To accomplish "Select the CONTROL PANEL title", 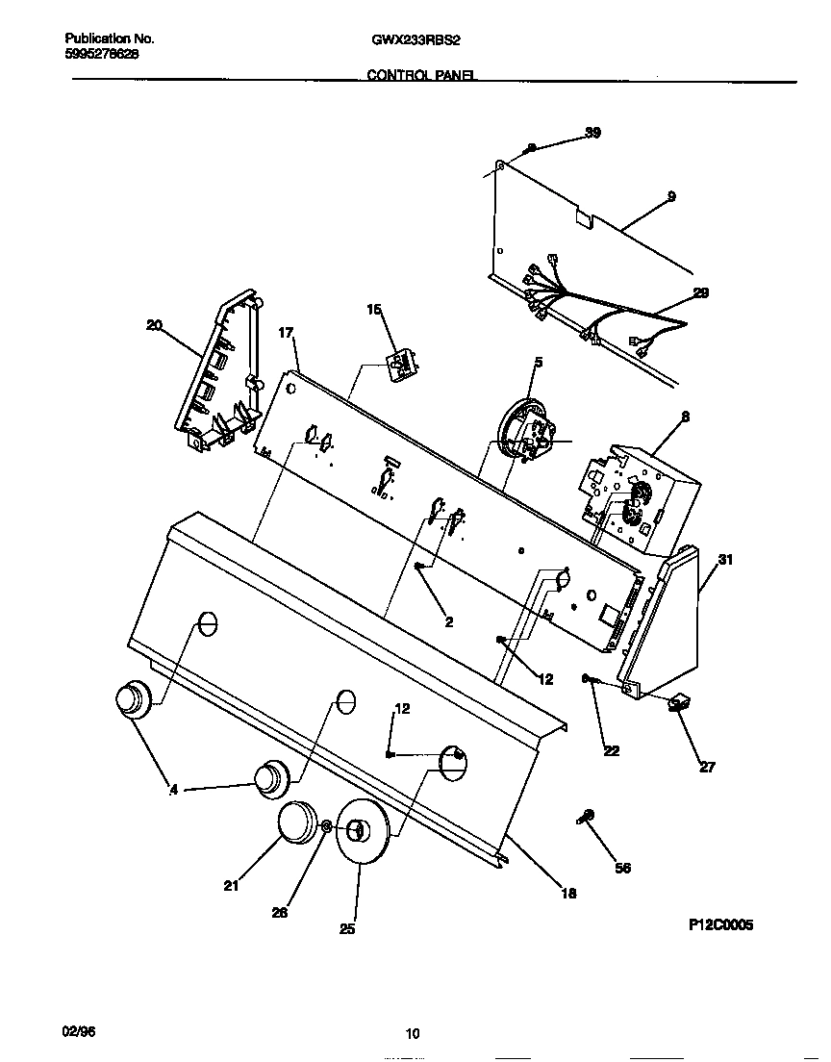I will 421,74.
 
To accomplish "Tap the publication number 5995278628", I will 101,54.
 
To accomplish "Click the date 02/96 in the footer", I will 79,1030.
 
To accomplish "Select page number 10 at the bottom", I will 413,1034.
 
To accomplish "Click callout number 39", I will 593,133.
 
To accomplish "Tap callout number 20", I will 154,325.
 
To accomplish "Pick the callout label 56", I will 622,868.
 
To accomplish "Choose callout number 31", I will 725,559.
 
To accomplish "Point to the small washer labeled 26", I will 327,826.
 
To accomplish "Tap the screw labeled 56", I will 586,817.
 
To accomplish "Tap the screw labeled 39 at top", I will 531,148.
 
